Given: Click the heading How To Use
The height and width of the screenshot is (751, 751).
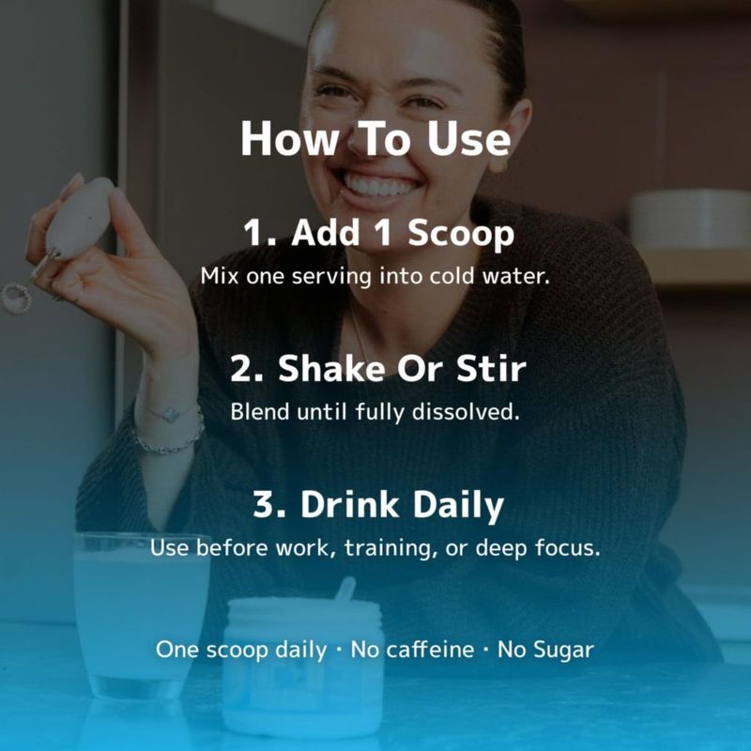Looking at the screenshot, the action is click(x=375, y=138).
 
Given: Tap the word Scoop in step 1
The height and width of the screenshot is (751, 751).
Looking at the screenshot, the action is click(x=461, y=234).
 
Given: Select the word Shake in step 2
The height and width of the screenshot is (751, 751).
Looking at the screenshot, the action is click(x=331, y=369).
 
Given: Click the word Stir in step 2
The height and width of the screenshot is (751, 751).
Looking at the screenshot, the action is click(x=491, y=369).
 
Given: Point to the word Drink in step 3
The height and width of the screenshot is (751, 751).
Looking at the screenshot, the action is click(x=349, y=504).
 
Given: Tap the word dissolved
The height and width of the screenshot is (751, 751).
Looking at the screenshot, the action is click(x=466, y=412).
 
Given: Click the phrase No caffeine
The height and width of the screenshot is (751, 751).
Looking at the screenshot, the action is click(x=412, y=650).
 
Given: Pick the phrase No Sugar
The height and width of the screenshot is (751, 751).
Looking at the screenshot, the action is click(x=545, y=651).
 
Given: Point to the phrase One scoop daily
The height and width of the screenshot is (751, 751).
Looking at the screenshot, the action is click(x=241, y=651).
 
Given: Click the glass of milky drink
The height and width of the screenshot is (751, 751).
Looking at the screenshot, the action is click(x=142, y=616).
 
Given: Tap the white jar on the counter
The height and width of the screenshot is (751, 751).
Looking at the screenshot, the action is click(x=303, y=666).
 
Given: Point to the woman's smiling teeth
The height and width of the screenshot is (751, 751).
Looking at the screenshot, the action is click(x=379, y=186).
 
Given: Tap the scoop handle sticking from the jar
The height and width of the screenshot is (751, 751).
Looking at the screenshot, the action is click(x=345, y=590).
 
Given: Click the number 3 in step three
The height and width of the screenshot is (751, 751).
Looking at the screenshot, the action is click(x=263, y=504).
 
